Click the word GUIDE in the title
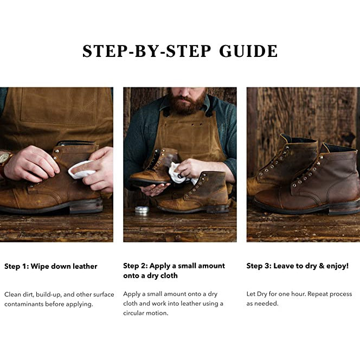click(x=248, y=51)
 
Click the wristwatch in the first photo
click(x=4, y=160)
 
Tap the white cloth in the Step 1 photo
click(x=81, y=170)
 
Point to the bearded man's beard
click(x=186, y=102)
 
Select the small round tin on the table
click(x=142, y=210)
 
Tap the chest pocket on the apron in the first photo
click(x=59, y=106)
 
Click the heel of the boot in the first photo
click(x=86, y=206)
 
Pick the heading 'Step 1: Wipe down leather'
click(x=51, y=266)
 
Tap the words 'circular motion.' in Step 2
click(x=145, y=313)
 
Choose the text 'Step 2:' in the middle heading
click(x=135, y=266)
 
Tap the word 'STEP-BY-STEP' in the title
click(x=147, y=51)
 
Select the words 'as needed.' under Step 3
click(x=262, y=304)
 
